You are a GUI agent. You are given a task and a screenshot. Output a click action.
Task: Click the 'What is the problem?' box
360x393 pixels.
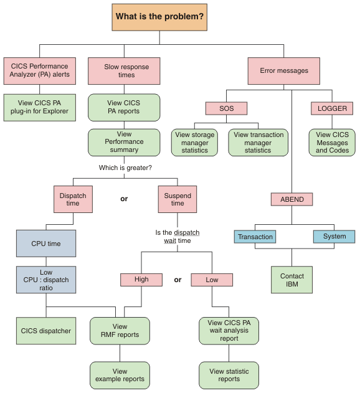tap(159, 16)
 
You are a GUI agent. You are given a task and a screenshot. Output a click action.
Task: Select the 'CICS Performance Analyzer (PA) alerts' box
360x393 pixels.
tap(40, 70)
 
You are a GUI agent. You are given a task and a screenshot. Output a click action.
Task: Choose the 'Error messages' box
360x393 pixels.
tap(284, 70)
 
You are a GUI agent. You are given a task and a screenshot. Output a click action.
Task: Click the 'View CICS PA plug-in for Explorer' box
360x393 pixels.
tap(40, 107)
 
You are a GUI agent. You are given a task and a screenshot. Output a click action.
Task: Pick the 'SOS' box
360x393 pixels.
tap(226, 108)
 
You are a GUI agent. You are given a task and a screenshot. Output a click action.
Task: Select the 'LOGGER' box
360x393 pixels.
tap(332, 108)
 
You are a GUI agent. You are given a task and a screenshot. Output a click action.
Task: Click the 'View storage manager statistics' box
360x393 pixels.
tap(195, 143)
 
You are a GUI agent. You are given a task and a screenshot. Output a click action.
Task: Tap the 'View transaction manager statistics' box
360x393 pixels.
tap(258, 143)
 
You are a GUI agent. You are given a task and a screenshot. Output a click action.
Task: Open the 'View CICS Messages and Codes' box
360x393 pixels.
tap(332, 143)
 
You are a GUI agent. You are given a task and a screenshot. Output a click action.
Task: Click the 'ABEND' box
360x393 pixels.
tap(291, 199)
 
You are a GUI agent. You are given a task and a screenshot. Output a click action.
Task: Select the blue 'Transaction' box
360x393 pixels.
tap(255, 237)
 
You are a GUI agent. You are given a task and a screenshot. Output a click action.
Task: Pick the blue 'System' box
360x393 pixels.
tap(334, 237)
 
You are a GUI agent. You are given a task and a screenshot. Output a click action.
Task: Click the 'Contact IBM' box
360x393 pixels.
tap(291, 280)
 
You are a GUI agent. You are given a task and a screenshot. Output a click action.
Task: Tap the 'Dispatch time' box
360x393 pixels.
tap(73, 199)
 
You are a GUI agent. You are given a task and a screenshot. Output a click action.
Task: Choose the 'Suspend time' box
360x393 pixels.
tap(178, 199)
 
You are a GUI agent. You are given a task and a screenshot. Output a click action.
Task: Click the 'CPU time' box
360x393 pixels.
tap(46, 244)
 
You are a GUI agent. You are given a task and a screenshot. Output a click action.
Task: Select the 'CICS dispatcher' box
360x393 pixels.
tap(46, 331)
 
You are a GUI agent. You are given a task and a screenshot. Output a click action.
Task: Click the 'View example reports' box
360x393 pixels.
tap(120, 375)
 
